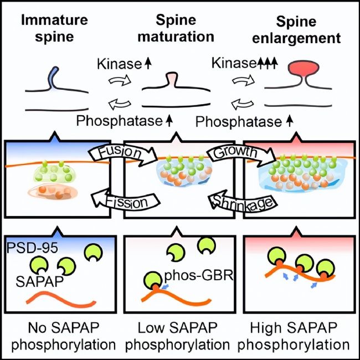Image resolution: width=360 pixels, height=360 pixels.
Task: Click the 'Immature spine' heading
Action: [x=54, y=28]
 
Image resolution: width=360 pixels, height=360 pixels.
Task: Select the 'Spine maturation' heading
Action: [x=176, y=28]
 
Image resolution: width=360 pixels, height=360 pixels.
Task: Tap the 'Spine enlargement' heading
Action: [x=296, y=30]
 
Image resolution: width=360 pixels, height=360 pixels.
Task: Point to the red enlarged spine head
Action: [x=304, y=69]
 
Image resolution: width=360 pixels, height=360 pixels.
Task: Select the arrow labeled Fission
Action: [x=125, y=200]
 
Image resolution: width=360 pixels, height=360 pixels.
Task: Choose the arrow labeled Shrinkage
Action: [x=243, y=200]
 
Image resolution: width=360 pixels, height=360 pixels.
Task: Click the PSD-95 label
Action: [x=32, y=248]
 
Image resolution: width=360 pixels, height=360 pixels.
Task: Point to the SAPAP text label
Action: [x=39, y=281]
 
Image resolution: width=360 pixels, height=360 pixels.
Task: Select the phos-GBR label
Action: [x=199, y=275]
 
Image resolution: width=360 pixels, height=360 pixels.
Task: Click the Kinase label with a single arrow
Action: [x=124, y=64]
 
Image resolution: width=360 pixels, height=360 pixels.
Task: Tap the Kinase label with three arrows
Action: [x=245, y=63]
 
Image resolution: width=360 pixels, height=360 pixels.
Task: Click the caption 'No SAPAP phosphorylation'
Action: [x=63, y=336]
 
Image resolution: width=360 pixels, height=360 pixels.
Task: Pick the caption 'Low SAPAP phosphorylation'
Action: [x=177, y=336]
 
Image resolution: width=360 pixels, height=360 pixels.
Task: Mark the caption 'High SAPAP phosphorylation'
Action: [x=294, y=336]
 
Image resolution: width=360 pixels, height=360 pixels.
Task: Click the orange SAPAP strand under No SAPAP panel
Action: [x=61, y=300]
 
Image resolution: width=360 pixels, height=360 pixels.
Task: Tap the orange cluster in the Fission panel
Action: [x=53, y=192]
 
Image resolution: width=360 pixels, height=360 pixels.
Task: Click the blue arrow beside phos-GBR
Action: [x=165, y=287]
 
